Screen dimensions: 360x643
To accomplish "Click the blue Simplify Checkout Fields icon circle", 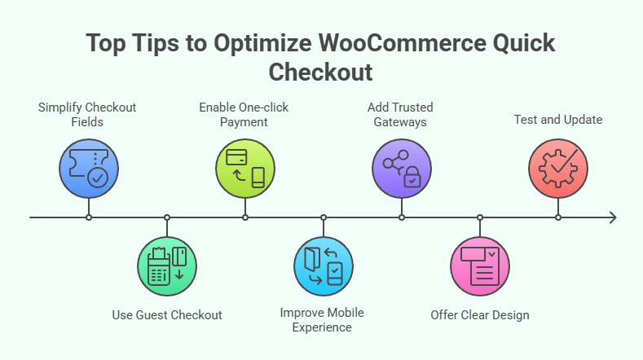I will [x=88, y=168].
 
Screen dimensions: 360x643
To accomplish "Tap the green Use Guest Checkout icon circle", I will [x=167, y=266].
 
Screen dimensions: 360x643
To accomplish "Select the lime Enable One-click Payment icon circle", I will [x=245, y=168].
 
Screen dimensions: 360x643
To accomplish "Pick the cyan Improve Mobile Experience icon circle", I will [x=324, y=266].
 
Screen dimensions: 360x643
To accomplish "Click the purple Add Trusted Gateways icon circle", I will [x=402, y=168].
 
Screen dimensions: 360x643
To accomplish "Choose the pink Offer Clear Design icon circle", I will [x=480, y=266].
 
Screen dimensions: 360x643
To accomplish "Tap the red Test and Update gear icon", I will [x=558, y=168].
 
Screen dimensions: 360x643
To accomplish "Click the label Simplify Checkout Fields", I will [x=87, y=115].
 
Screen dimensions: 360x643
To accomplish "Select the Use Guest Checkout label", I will [x=167, y=314].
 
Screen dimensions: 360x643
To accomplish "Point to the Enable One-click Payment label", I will [x=244, y=115].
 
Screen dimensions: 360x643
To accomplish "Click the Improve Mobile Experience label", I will [x=322, y=320].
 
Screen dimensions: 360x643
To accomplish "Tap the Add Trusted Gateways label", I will [x=401, y=115].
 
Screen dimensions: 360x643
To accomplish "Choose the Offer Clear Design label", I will [x=480, y=314].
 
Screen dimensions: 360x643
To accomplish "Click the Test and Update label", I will [x=558, y=120].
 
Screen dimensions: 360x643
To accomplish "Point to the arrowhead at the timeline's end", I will [x=612, y=217].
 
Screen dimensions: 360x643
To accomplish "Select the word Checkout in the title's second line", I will [x=321, y=72].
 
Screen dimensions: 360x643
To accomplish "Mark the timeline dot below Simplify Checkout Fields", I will [x=89, y=217].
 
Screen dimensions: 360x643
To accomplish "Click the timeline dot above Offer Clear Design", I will [x=480, y=217].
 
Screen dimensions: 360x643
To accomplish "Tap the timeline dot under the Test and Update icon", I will [x=558, y=217].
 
